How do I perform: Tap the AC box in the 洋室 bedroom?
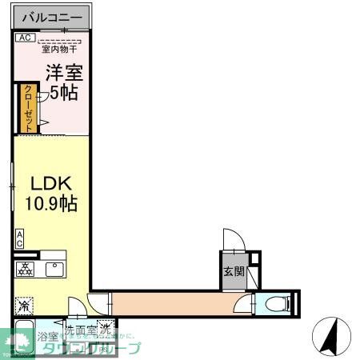tap(24, 37)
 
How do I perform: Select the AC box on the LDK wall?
tap(19, 238)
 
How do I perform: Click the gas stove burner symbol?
tap(24, 270)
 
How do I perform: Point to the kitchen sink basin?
tap(54, 270)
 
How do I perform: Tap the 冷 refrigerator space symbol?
tap(23, 306)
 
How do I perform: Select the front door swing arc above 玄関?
tap(232, 240)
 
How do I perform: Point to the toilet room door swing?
tap(242, 304)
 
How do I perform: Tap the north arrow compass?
tap(334, 337)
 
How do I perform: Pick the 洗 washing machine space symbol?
tap(106, 328)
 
